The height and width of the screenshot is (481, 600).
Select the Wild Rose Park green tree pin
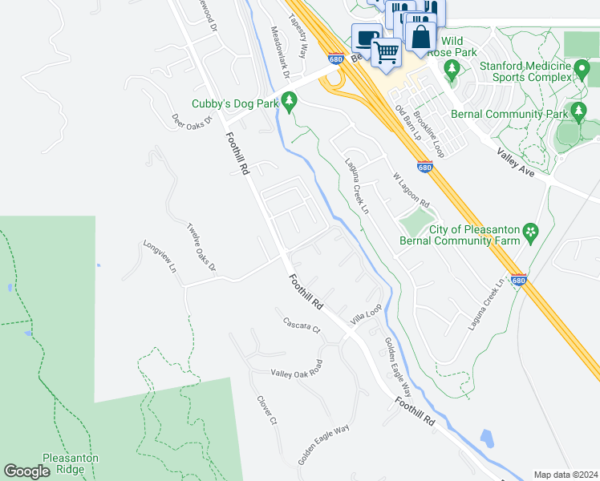click(452, 69)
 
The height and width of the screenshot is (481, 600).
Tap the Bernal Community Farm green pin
click(529, 233)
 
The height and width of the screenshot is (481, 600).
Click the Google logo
click(26, 472)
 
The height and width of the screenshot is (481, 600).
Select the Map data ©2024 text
click(566, 475)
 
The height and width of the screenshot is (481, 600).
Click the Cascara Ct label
click(302, 325)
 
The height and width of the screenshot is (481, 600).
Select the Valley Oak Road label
click(296, 368)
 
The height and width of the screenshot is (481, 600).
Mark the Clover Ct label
click(266, 409)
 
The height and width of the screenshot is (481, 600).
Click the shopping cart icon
click(387, 53)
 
